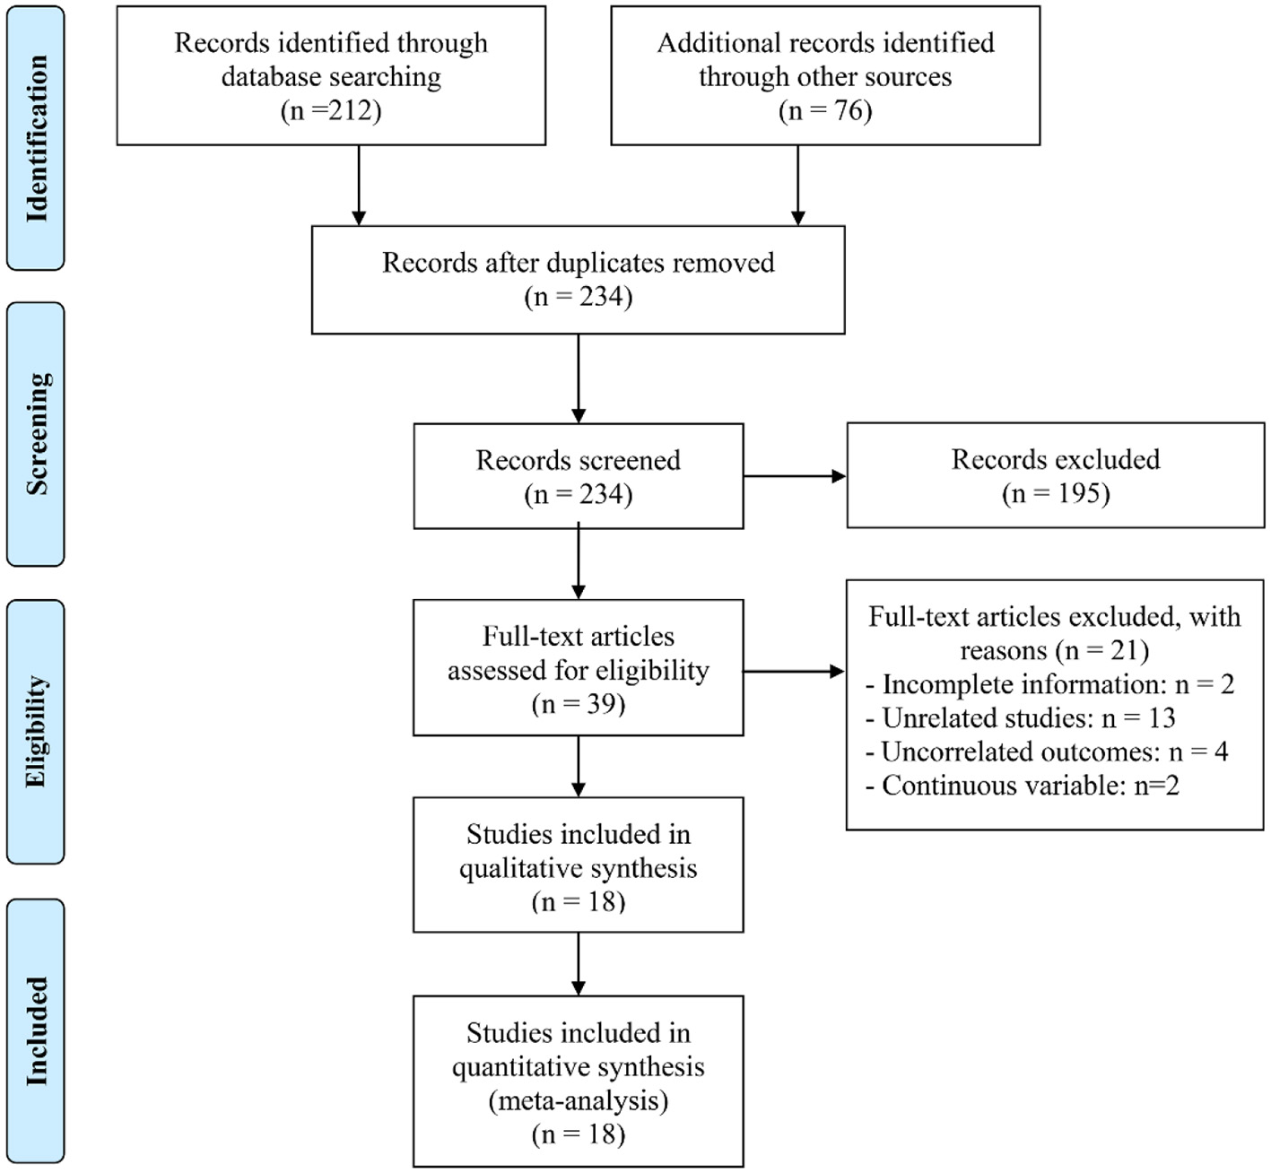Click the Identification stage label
(36, 138)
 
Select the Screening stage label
(36, 434)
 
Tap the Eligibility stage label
(36, 732)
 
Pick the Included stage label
(36, 1031)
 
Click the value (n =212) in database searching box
(331, 110)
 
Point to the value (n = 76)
(825, 110)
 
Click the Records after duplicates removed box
(578, 280)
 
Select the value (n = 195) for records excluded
(1056, 493)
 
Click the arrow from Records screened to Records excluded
(795, 476)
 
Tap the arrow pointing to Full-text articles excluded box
(794, 671)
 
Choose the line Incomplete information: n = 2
(1049, 684)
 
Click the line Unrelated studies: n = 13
(1020, 718)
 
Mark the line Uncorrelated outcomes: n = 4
(1046, 752)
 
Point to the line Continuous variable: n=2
(1022, 786)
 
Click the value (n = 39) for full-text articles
(578, 704)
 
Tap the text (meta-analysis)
(578, 1100)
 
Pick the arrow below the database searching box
(359, 186)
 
